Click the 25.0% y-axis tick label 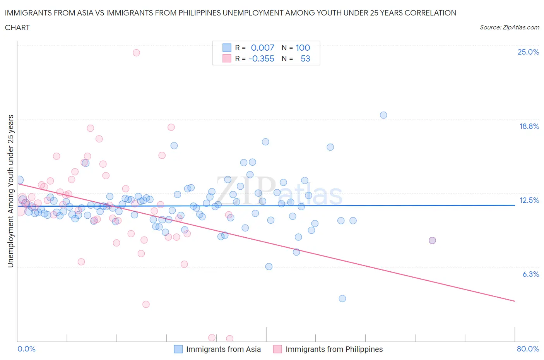coord(528,52)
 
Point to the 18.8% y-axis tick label coord(529,126)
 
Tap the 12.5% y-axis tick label coord(529,200)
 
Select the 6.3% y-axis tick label coord(530,274)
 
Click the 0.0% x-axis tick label coord(27,349)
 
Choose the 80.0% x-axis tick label coord(528,349)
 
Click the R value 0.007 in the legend coord(262,48)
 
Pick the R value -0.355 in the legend coord(261,58)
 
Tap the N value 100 coord(303,48)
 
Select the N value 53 coord(305,58)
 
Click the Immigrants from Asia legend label coord(223,349)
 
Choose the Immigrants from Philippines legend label coord(334,349)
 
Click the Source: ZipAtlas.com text coord(509,27)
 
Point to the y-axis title coord(11,191)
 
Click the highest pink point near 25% coord(136,53)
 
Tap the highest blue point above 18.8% coord(383,115)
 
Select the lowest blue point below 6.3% coord(342,298)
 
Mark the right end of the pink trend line coord(515,301)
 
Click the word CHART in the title coord(17,27)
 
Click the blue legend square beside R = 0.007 coord(227,48)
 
